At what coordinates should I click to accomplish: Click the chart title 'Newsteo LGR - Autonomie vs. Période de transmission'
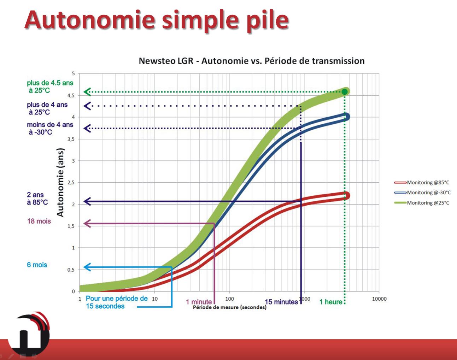click(252, 61)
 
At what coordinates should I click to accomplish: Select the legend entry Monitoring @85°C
click(422, 182)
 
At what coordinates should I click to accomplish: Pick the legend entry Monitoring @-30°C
click(422, 193)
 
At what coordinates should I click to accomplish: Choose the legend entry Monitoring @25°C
click(422, 203)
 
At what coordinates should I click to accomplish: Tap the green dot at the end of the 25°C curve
click(345, 92)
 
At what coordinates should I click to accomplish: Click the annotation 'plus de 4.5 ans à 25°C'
click(50, 87)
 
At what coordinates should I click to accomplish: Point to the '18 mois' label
click(39, 221)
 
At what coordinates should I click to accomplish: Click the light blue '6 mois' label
click(37, 265)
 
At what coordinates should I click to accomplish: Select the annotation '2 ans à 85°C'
click(37, 199)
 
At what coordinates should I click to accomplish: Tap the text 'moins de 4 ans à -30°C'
click(50, 128)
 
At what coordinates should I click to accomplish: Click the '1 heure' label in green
click(331, 302)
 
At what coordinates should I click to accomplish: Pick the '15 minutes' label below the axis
click(281, 302)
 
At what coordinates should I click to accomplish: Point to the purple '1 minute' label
click(199, 302)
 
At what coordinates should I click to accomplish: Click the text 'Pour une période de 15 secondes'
click(117, 302)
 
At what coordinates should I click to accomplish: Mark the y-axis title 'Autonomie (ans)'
click(60, 182)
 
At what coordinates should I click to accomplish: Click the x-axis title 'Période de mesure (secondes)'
click(230, 307)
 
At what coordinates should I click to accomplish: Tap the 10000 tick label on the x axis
click(379, 299)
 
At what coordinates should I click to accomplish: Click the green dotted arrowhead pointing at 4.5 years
click(87, 92)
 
